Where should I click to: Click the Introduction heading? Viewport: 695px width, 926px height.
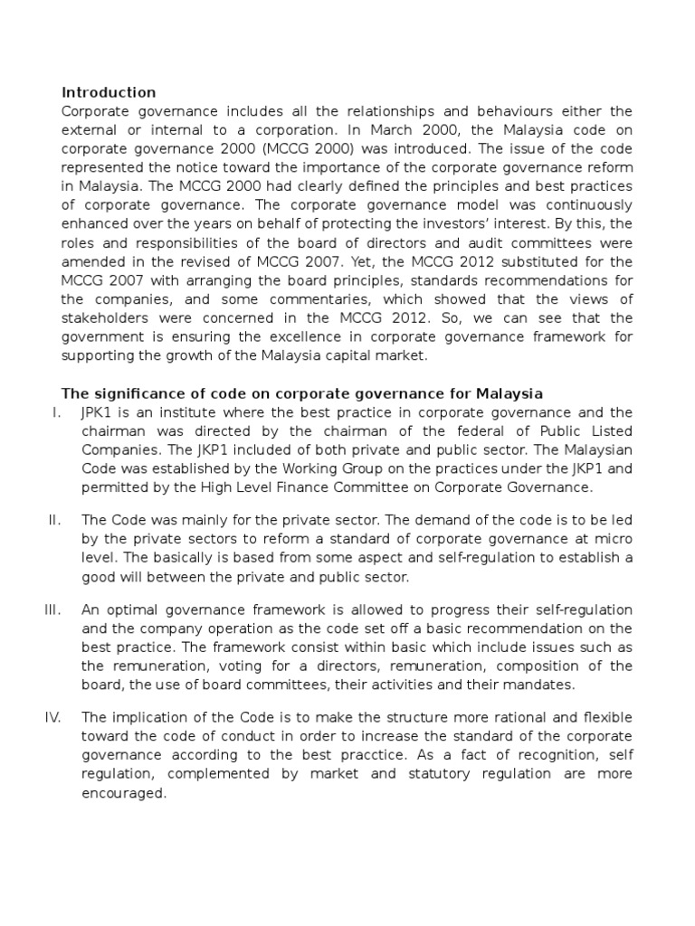point(108,93)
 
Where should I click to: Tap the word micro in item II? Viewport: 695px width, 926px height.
point(615,538)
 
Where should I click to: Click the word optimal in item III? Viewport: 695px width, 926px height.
point(133,609)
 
